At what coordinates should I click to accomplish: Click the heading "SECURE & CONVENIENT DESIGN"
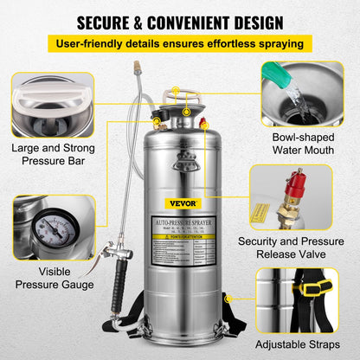click(180, 20)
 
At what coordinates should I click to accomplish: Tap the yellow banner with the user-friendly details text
click(180, 43)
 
